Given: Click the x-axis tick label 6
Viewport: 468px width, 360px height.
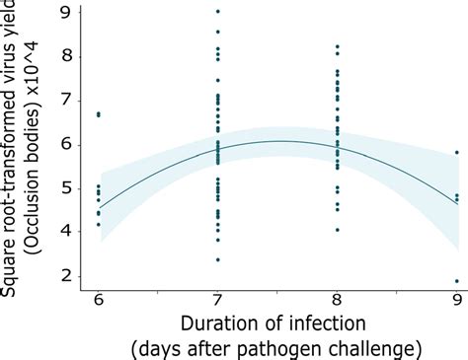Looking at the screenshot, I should click(98, 298).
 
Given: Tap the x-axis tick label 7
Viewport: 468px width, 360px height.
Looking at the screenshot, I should click(217, 298).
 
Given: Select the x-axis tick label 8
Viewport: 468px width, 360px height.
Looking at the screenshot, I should click(338, 298).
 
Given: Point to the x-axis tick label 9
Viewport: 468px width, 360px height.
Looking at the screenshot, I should click(456, 298).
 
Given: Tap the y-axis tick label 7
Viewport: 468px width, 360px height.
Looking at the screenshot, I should click(66, 99).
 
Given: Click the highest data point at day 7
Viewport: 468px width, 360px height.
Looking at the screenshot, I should click(217, 11).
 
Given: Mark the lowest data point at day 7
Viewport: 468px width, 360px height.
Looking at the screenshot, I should click(217, 259).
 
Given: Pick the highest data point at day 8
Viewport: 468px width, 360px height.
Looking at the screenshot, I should click(338, 46).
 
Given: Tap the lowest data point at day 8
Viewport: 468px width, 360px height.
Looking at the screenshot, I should click(338, 230).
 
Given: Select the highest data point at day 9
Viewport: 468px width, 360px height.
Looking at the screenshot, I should click(456, 152).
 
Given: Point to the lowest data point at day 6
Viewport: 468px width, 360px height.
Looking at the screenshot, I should click(98, 225).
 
